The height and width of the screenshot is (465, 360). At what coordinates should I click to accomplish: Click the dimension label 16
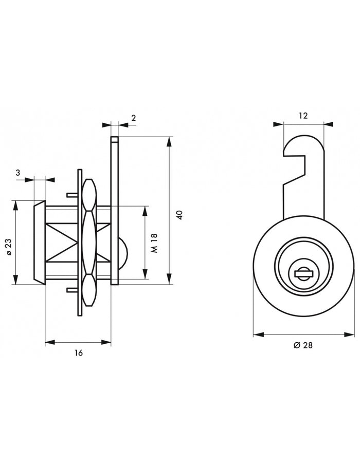coord(79,353)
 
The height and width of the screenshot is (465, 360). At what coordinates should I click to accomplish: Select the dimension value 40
coord(180,215)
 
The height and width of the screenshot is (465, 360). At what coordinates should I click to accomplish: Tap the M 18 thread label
coord(155,243)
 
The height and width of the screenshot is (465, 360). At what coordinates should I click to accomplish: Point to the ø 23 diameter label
coord(9,247)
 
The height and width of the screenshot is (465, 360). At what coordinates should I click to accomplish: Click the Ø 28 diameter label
coord(303,345)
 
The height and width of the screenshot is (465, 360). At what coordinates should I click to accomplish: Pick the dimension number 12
coord(303,116)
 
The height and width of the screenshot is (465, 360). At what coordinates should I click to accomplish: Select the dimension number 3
coord(18,172)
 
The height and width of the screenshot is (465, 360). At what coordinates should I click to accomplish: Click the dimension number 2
coord(134,118)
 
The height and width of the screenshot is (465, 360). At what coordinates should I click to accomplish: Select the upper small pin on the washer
coord(72,195)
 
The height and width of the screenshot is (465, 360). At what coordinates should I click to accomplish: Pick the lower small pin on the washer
coord(72,290)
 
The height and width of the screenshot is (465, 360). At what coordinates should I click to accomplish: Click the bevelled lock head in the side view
coord(40,243)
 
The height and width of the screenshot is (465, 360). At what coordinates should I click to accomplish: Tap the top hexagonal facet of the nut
coord(89,194)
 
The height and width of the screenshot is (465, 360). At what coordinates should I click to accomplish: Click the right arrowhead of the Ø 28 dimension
coord(350,334)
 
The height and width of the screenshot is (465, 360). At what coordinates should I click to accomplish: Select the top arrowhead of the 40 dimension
coord(169,142)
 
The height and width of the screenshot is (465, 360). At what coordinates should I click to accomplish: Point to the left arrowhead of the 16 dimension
coord(50,343)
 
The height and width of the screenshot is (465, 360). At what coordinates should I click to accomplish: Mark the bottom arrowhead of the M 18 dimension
coord(145,274)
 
